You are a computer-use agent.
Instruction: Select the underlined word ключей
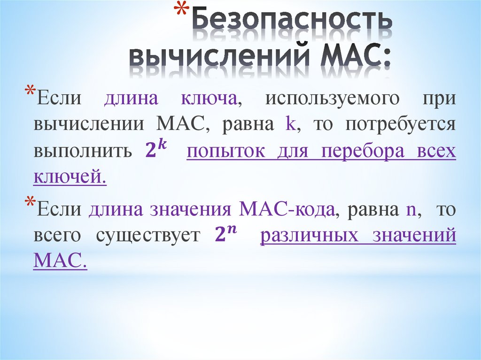(70, 176)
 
